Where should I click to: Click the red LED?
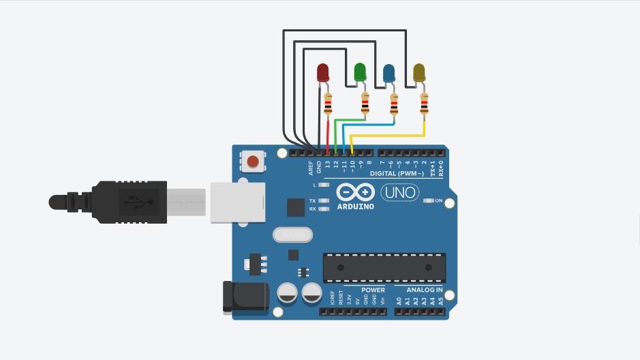coord(323,72)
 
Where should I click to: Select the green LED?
coord(360,70)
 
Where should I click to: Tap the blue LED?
coord(389,72)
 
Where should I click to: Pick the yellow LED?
coord(419,71)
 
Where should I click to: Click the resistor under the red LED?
coord(329,104)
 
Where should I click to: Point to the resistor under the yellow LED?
coord(425,104)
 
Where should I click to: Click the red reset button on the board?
coord(253,162)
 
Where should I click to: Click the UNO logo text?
coord(399,193)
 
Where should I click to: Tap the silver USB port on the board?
coord(237,202)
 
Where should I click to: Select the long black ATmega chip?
coord(384,267)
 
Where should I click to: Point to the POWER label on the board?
coord(374,290)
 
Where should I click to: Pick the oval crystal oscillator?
coord(292,235)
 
